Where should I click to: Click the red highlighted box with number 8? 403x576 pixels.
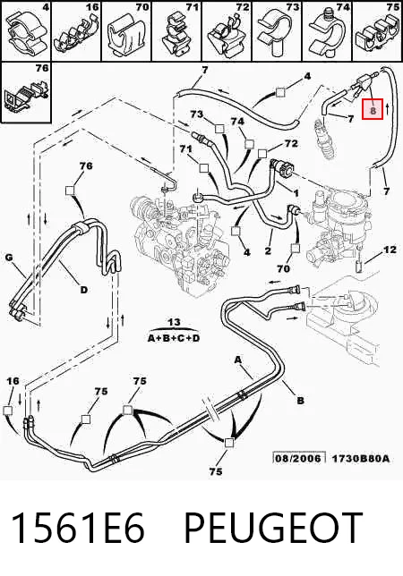point(373,109)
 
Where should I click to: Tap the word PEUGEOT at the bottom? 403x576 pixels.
point(273,528)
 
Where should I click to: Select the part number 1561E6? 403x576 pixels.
point(78,528)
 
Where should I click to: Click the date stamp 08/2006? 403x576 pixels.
point(299,458)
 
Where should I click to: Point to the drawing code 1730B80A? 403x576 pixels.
point(360,459)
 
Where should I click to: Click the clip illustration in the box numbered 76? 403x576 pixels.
point(27,95)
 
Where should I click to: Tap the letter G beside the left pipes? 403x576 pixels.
point(9,258)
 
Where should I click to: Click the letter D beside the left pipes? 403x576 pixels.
point(84,290)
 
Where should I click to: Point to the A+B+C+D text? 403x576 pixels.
point(174,338)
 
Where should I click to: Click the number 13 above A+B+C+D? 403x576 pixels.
point(174,323)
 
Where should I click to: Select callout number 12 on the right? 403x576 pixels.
point(390,250)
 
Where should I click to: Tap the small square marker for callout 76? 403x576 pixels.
point(70,191)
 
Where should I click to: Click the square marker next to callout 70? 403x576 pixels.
point(295,249)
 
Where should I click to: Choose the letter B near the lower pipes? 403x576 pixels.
point(300,401)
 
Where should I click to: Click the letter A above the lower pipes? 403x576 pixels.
point(238,360)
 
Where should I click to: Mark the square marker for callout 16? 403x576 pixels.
point(7,411)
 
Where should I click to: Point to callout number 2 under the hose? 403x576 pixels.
point(268,251)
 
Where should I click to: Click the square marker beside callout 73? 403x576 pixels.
point(219,129)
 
